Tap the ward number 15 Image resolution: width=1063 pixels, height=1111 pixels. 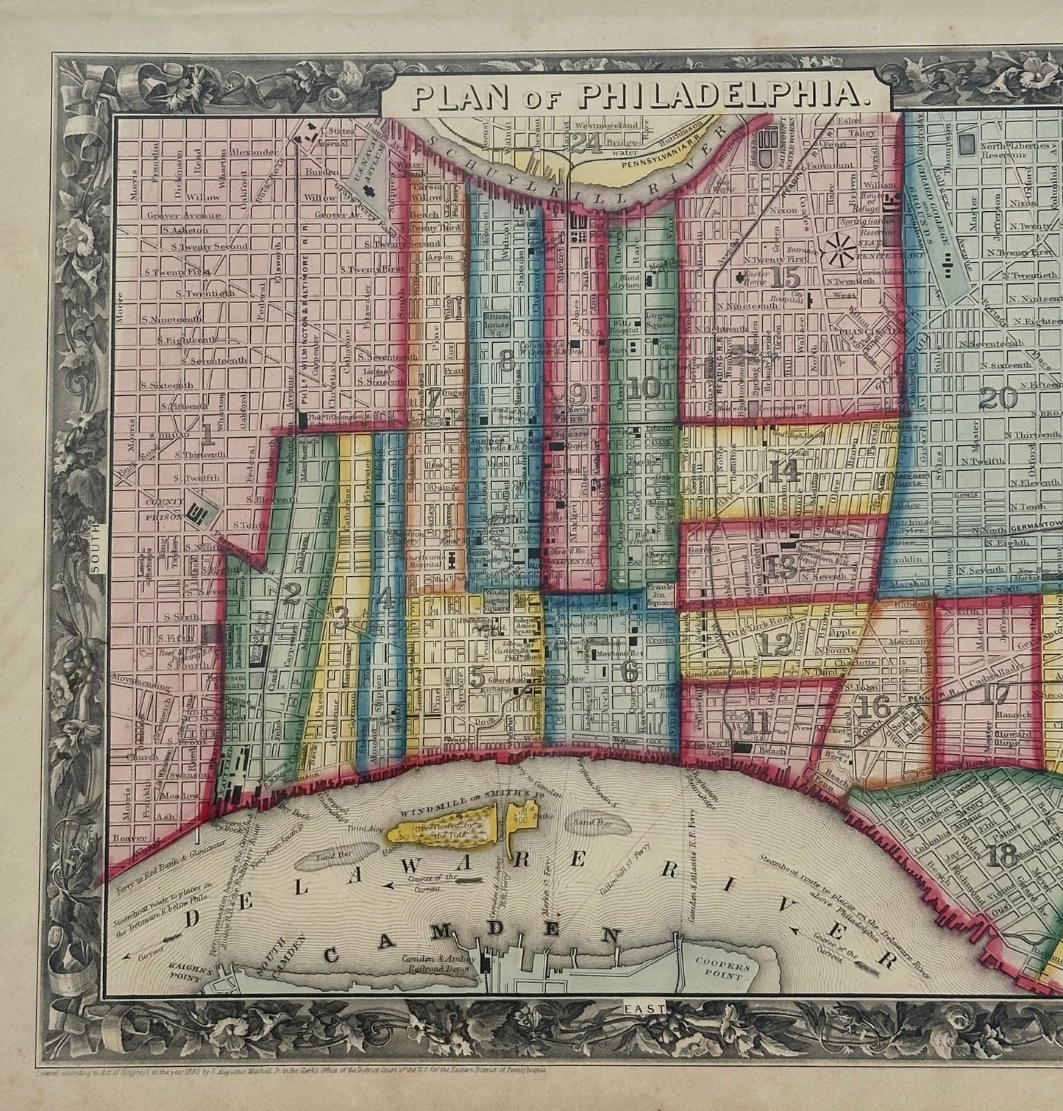click(786, 279)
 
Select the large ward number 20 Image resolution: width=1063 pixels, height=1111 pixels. click(998, 398)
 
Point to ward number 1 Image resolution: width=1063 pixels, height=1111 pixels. click(207, 436)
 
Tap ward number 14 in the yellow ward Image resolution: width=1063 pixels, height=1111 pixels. click(783, 471)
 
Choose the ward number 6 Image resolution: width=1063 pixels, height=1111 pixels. click(629, 670)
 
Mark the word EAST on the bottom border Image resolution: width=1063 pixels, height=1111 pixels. click(642, 1007)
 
